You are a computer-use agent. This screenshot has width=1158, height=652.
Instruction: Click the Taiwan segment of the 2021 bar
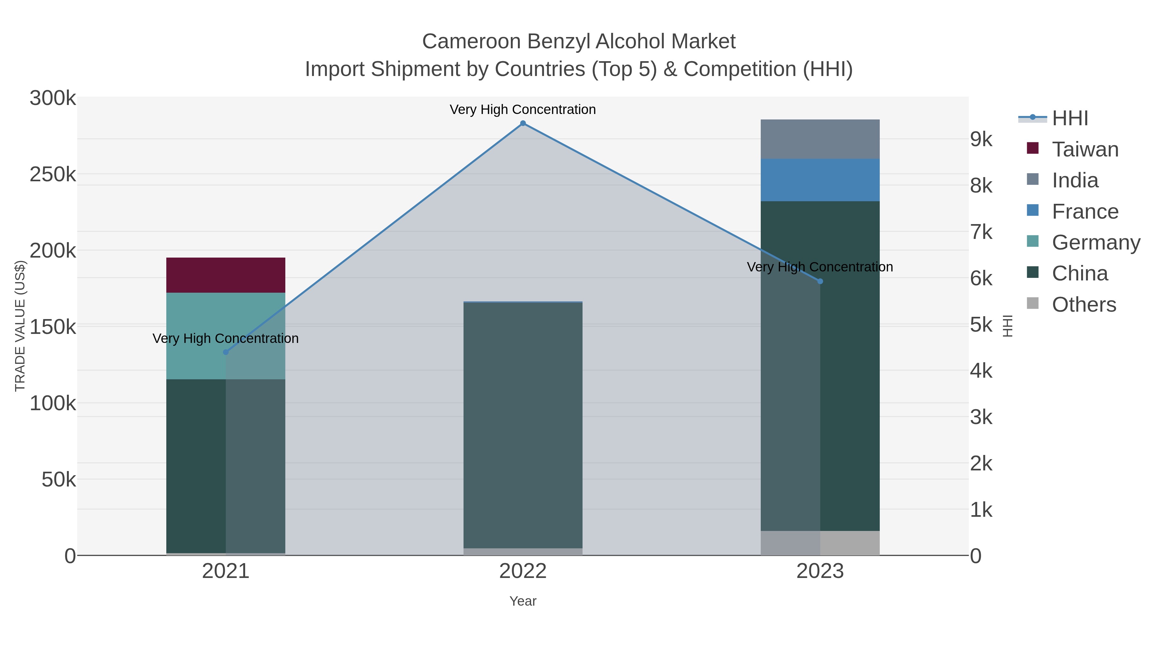(x=226, y=275)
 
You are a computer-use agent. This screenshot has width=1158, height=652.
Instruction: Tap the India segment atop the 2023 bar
(x=820, y=139)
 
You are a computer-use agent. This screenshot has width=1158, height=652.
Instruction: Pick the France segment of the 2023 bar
(x=820, y=180)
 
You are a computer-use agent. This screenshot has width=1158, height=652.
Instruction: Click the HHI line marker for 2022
(x=523, y=123)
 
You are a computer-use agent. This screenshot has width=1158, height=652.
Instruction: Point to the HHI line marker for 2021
(x=226, y=352)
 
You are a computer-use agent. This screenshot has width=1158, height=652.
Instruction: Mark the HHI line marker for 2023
(x=820, y=281)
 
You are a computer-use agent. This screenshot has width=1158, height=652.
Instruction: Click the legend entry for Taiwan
(x=1085, y=149)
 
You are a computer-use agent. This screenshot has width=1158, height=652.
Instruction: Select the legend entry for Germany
(x=1096, y=242)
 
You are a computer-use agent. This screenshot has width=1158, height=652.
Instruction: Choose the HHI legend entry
(x=1070, y=118)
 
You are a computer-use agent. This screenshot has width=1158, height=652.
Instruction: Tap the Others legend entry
(x=1084, y=305)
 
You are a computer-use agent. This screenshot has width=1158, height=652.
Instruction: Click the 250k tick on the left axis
(x=53, y=175)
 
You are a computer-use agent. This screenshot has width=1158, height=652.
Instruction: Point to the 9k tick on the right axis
(x=981, y=139)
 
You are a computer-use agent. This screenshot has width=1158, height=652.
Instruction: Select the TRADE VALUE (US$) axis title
(x=20, y=326)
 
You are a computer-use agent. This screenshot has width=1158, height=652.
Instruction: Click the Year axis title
(x=523, y=601)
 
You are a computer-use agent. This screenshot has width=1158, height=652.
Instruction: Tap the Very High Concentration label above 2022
(x=523, y=110)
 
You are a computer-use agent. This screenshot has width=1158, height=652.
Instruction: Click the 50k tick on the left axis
(x=59, y=480)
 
